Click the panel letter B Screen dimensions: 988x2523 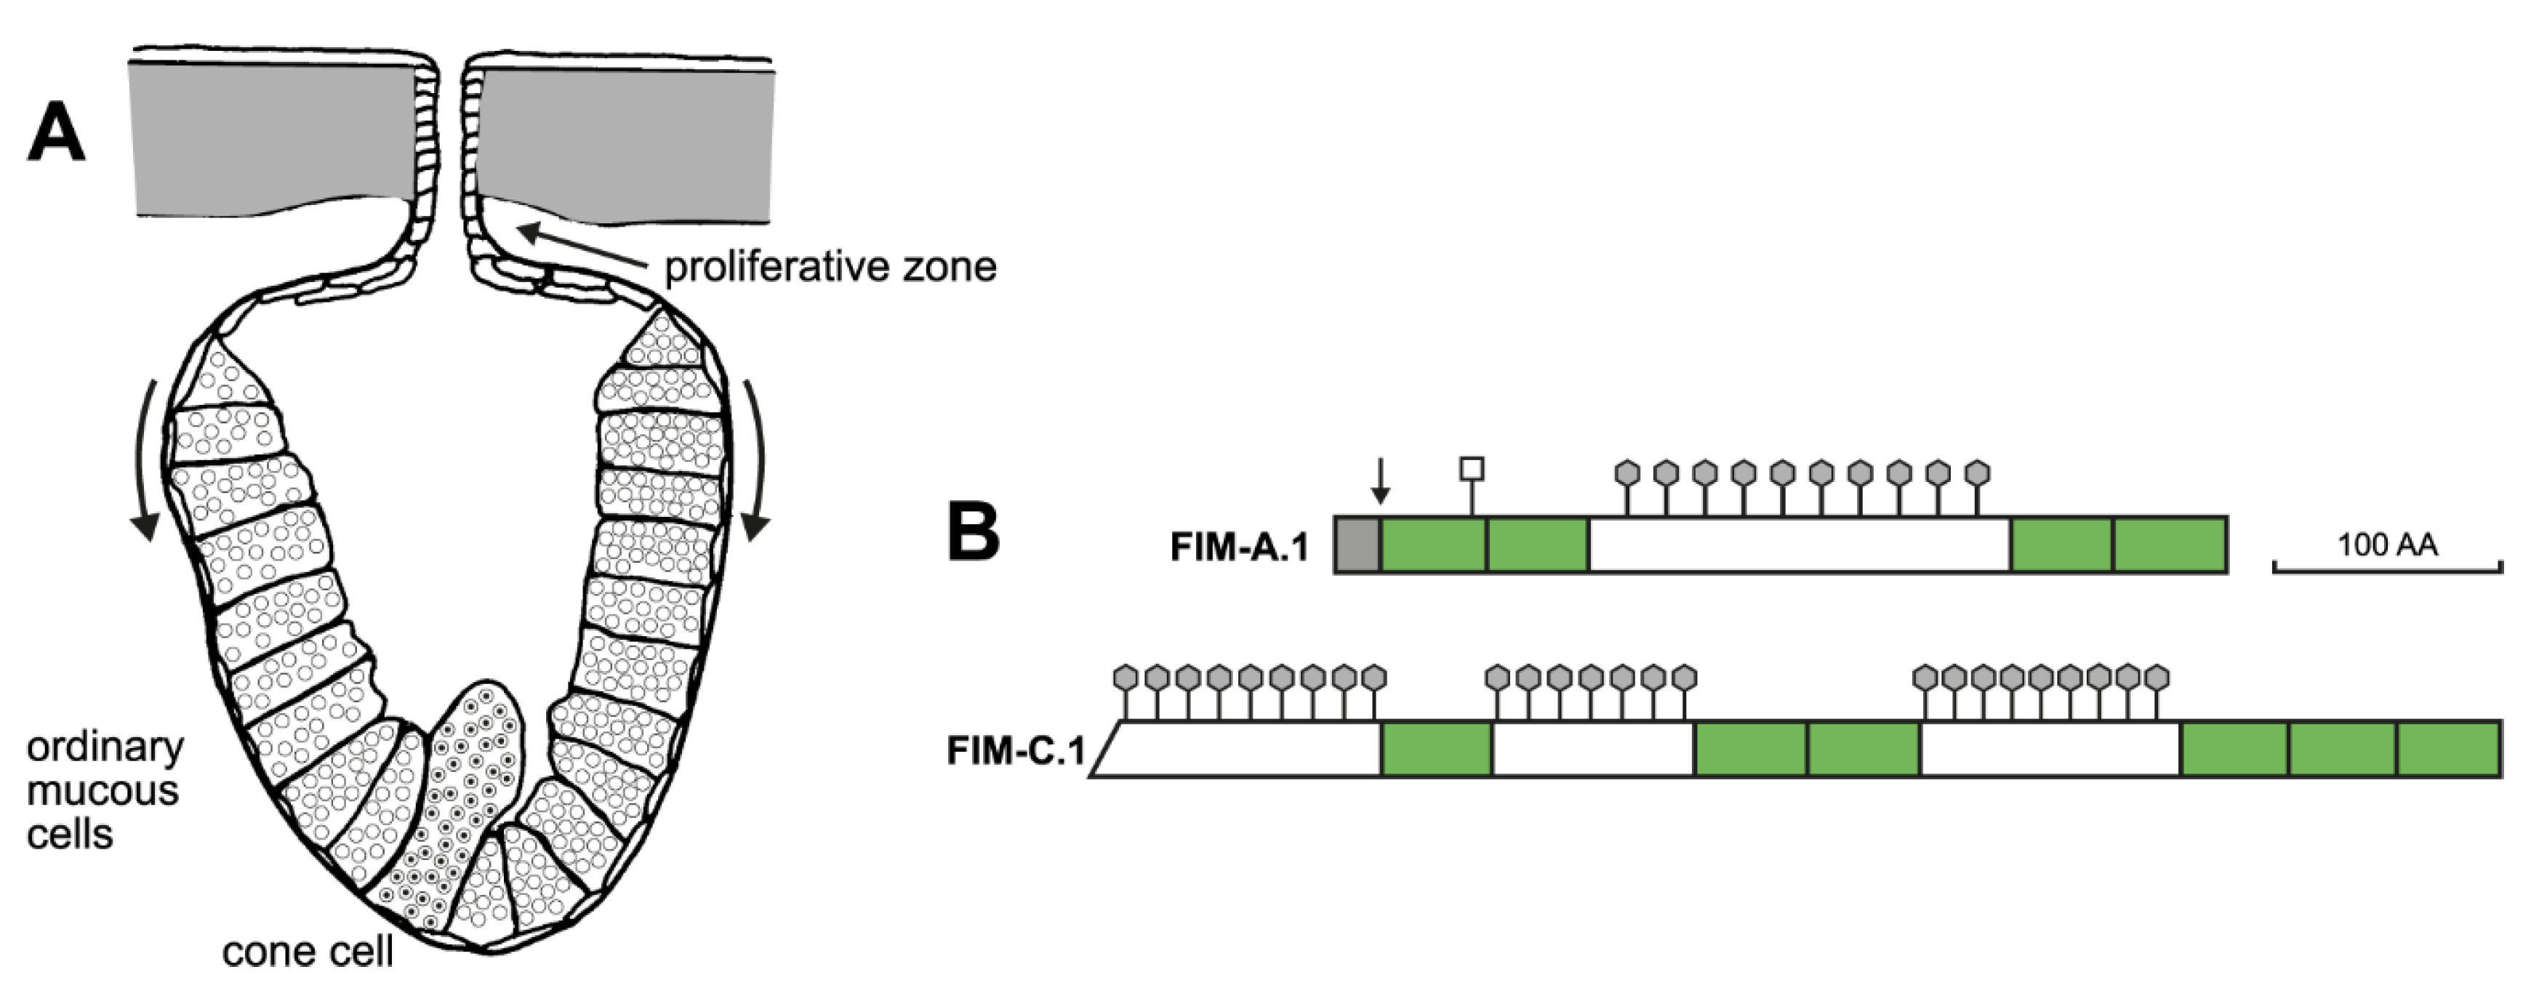(974, 533)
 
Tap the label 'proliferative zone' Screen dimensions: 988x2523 (830, 266)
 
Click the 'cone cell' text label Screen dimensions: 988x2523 (308, 951)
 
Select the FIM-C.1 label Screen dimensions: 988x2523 (1016, 751)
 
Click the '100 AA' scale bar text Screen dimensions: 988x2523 (2387, 545)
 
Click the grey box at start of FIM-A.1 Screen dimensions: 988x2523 (1357, 545)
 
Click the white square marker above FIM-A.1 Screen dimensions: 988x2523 (1471, 469)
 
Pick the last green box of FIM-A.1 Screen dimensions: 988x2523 (2170, 545)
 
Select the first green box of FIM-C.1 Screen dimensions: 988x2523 (1436, 749)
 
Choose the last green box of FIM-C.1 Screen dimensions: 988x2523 (2447, 749)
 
